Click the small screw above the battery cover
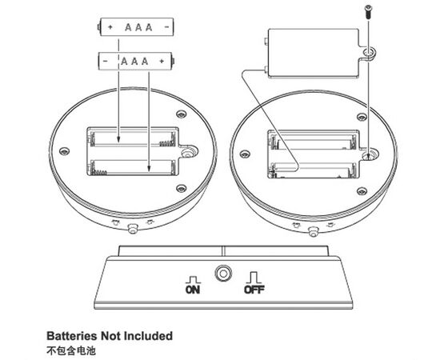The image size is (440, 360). coord(369,11)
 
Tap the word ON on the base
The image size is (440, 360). coord(193,290)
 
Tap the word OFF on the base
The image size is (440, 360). coord(254,290)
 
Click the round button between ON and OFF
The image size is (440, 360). coord(223,273)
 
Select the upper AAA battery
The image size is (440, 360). coord(136,27)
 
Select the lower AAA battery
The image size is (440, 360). coord(136,61)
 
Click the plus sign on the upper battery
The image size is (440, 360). coord(110,27)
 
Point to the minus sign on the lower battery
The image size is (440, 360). coord(106,61)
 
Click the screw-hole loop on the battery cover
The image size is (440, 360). coord(369,53)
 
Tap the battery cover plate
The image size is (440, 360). coord(314,54)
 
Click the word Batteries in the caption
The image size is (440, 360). coord(72,336)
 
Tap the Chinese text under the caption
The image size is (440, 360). coord(71,350)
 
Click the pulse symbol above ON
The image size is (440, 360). coord(193,280)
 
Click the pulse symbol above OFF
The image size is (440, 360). coord(254,278)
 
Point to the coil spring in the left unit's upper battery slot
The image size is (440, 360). coord(167,143)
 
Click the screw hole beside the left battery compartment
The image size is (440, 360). coord(186,154)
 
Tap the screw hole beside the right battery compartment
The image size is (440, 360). coord(370,154)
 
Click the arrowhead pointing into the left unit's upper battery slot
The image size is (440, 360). coord(118,139)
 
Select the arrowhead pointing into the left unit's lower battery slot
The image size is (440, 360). coord(149,168)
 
